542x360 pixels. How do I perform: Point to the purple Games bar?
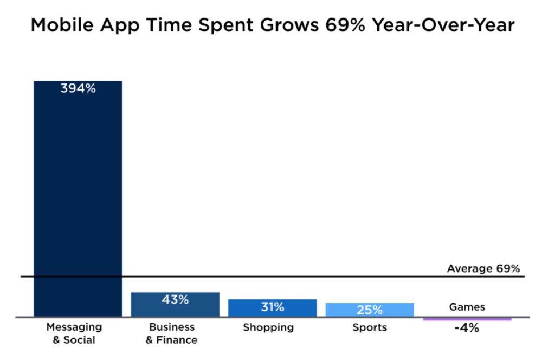[467, 319]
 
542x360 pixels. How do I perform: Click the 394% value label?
[78, 89]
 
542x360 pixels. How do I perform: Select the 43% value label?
[175, 299]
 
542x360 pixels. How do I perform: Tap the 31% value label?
[272, 307]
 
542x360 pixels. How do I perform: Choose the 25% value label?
[370, 310]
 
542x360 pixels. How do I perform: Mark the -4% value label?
[466, 328]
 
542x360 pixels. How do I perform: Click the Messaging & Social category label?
[74, 333]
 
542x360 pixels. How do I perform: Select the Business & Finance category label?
[171, 333]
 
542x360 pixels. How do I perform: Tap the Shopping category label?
[268, 327]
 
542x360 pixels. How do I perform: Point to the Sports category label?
[370, 327]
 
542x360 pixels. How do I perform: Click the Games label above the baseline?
[467, 307]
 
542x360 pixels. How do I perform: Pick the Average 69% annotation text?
[483, 268]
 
